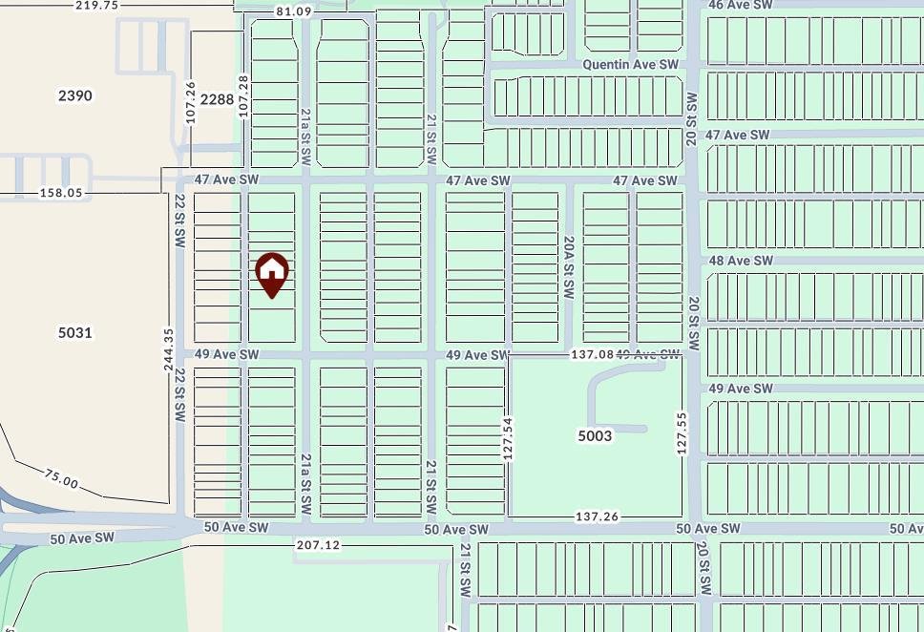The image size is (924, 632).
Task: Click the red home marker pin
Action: pyautogui.click(x=272, y=273)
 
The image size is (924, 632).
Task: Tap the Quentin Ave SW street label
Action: pyautogui.click(x=630, y=64)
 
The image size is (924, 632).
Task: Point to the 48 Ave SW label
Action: pyautogui.click(x=740, y=261)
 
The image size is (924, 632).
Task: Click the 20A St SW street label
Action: pyautogui.click(x=568, y=268)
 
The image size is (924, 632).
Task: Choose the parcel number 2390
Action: pyautogui.click(x=75, y=95)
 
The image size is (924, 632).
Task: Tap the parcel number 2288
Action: pyautogui.click(x=217, y=98)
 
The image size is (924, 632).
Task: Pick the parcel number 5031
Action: pyautogui.click(x=75, y=332)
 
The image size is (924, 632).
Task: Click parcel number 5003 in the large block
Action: pyautogui.click(x=595, y=435)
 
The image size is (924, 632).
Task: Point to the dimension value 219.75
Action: pyautogui.click(x=96, y=5)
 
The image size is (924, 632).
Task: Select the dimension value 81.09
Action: pyautogui.click(x=293, y=11)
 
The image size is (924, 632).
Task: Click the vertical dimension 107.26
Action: pyautogui.click(x=191, y=101)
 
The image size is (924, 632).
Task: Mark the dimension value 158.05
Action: pyautogui.click(x=59, y=193)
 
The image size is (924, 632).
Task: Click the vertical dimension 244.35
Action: pyautogui.click(x=169, y=349)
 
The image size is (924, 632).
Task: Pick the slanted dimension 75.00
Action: pyautogui.click(x=61, y=478)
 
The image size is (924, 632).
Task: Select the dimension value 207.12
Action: pyautogui.click(x=319, y=545)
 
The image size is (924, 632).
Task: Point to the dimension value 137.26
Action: pyautogui.click(x=597, y=516)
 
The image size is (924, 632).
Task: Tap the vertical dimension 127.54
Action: pyautogui.click(x=508, y=438)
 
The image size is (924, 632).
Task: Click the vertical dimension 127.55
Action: pyautogui.click(x=682, y=432)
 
